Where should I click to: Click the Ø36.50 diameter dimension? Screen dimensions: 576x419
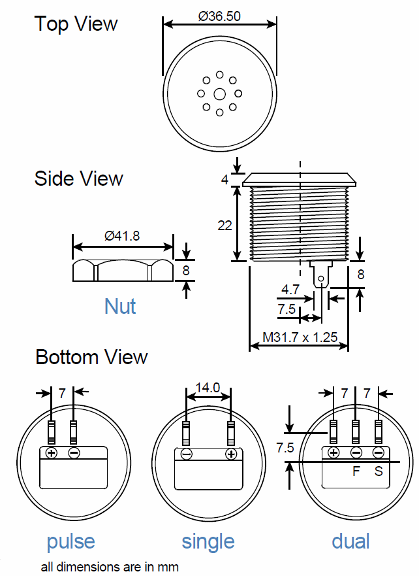[x=219, y=16]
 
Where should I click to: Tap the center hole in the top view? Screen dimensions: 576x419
[x=219, y=93]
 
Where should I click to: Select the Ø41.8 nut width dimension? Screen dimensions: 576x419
[x=122, y=236]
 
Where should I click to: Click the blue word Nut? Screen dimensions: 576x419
[x=120, y=305]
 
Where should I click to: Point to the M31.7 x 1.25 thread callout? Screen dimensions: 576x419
[x=300, y=338]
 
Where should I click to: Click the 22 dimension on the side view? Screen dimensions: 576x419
[x=225, y=225]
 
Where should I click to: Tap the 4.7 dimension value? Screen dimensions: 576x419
[x=290, y=288]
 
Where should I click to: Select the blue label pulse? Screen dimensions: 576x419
[x=70, y=541]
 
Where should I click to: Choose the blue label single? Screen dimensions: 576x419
[x=208, y=541]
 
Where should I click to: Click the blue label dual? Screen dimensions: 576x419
[x=350, y=541]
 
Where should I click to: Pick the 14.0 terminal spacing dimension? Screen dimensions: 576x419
[x=208, y=387]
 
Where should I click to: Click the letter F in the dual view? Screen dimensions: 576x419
[x=356, y=471]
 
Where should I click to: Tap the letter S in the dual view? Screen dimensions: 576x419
[x=379, y=471]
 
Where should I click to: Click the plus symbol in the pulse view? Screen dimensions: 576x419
[x=52, y=453]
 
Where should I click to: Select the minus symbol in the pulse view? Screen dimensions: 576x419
[x=74, y=453]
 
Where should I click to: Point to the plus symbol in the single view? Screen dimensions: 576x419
[x=230, y=454]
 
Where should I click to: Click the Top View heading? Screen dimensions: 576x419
[x=76, y=24]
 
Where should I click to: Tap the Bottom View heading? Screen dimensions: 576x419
[x=91, y=357]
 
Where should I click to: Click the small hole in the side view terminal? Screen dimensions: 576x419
[x=320, y=279]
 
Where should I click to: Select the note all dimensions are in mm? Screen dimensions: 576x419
[x=110, y=566]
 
